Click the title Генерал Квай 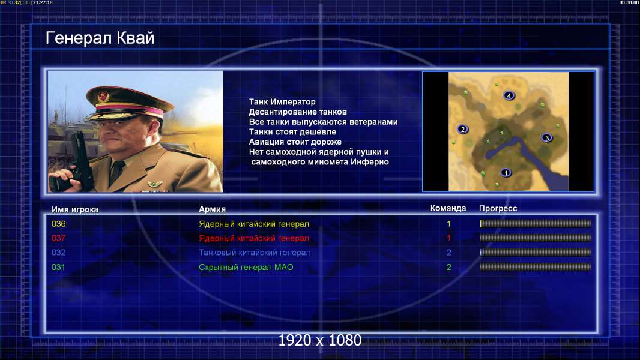pos(100,38)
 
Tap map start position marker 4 pos(509,95)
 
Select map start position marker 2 pos(462,129)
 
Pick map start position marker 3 pos(547,138)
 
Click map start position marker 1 pos(506,172)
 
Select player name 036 pos(58,224)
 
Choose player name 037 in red pos(58,238)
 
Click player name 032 pos(58,253)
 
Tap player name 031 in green pos(58,267)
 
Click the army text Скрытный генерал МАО pos(246,268)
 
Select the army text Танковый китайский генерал pos(255,253)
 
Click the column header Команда pos(448,208)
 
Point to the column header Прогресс pos(498,209)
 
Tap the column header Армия pos(213,209)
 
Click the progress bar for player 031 pos(536,267)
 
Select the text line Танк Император pos(282,102)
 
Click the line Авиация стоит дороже pos(295,142)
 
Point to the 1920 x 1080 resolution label pos(319,340)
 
